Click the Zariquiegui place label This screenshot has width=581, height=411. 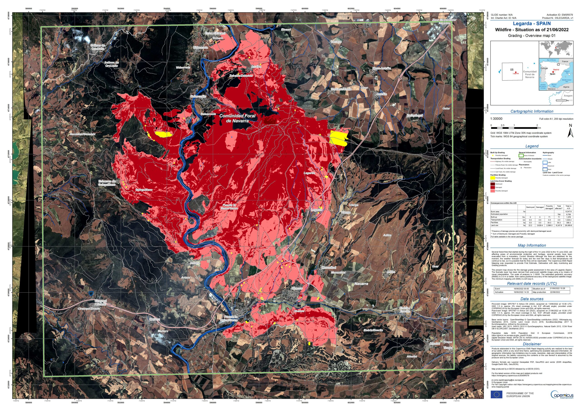(x=414, y=115)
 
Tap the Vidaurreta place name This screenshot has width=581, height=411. (x=183, y=68)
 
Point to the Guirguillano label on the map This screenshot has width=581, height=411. (x=144, y=190)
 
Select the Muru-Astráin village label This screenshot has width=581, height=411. (x=382, y=68)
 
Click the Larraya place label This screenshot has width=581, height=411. (x=336, y=42)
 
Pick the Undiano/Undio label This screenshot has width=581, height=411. (x=341, y=89)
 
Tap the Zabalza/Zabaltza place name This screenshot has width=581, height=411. (x=241, y=75)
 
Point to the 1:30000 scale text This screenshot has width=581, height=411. (x=496, y=119)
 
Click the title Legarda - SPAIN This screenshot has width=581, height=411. (x=532, y=24)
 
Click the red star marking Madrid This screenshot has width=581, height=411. (x=553, y=72)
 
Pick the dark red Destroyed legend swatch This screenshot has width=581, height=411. (x=492, y=184)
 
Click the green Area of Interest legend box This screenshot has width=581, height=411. (x=521, y=155)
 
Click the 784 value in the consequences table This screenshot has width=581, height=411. (x=559, y=214)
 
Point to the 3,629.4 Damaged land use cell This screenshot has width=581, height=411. (x=539, y=225)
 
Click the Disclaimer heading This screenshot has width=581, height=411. (x=532, y=344)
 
